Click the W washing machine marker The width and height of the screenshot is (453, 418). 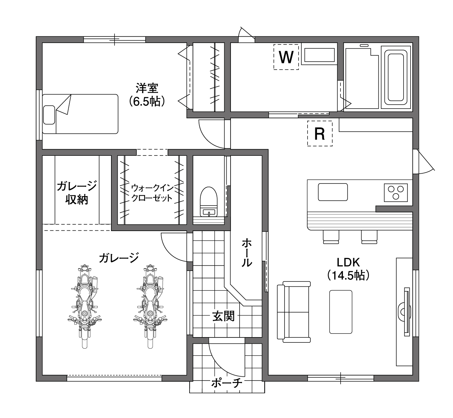pos(286,57)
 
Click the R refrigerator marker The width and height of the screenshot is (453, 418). pos(320,133)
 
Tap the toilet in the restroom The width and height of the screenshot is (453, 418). pos(209,202)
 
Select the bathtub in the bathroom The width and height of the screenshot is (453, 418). pos(396,77)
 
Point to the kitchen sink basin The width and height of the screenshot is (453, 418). pos(333,192)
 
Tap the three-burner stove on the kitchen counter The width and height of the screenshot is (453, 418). pos(396,193)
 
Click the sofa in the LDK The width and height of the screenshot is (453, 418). pos(294,312)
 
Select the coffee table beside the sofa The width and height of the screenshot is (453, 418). pos(341,312)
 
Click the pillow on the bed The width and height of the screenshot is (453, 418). pos(49,115)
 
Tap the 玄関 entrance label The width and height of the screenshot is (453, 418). pos(224,316)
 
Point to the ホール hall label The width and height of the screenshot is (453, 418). pos(247,253)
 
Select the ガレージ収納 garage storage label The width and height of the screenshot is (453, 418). pos(77,193)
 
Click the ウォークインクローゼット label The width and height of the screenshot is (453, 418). pos(152,193)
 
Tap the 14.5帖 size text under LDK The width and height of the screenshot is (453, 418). pos(348,275)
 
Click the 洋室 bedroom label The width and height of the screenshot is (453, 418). pos(147,88)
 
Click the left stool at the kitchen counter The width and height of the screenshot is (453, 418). pos(331,237)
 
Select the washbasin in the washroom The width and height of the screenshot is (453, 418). pos(319,55)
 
